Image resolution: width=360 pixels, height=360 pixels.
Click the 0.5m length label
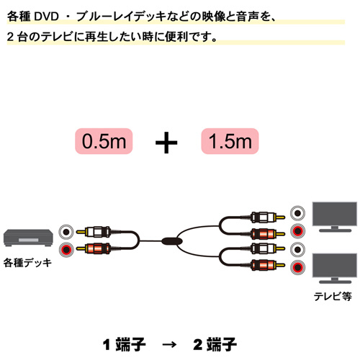coord(104,141)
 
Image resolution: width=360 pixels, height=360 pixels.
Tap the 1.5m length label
coord(230,141)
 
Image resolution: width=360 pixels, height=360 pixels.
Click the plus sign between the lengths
coord(166,143)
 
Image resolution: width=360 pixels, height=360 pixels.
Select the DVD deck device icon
coord(28,238)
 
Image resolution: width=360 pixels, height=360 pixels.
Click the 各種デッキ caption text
coord(27,263)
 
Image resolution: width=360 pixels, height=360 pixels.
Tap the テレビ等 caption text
coord(333,297)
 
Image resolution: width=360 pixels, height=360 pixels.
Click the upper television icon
coord(335,217)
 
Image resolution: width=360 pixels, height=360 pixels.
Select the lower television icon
coord(335,269)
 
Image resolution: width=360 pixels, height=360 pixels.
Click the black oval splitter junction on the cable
coord(172,241)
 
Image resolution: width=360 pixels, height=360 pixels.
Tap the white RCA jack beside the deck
coord(66,232)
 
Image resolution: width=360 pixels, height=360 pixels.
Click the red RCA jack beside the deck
coord(66,250)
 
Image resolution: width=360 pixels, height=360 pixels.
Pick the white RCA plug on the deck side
coord(94,232)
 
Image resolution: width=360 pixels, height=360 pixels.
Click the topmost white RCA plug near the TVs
coord(268,217)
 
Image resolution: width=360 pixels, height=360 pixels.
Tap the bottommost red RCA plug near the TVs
coord(268,265)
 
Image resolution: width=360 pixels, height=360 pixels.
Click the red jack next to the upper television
coord(297,231)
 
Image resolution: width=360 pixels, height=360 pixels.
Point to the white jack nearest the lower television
coord(297,249)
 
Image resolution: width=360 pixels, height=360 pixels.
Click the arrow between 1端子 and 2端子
coord(169,345)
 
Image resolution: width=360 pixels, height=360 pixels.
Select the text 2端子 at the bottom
coord(215,344)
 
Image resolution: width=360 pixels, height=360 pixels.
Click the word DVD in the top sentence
coord(47,17)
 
